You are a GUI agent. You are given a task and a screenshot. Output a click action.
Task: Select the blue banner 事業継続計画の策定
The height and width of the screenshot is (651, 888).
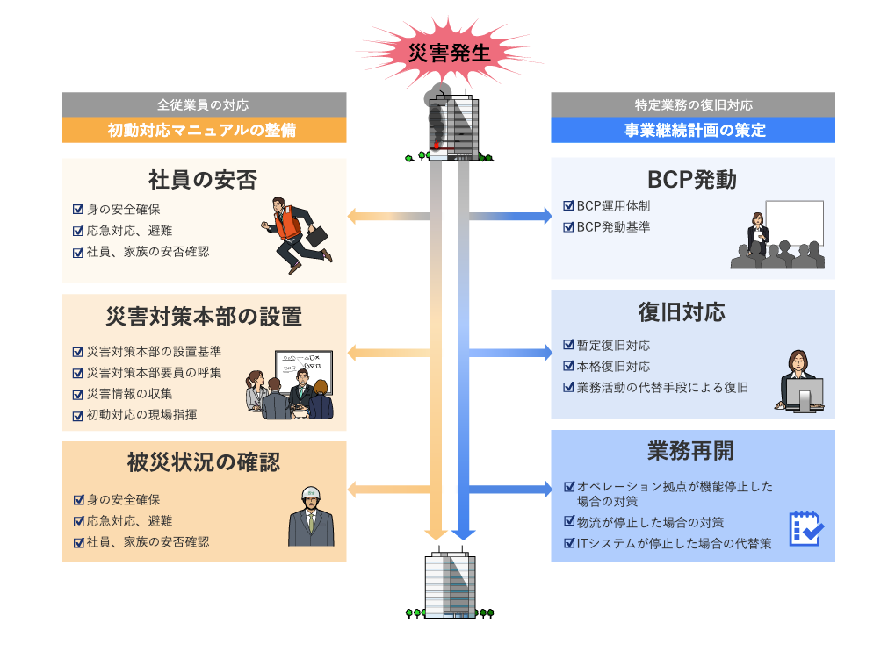pos(692,130)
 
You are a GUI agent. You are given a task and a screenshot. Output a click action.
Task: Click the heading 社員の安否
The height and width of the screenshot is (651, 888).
pos(203,180)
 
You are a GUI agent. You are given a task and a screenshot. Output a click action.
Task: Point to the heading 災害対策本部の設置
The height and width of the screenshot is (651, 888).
pos(203,316)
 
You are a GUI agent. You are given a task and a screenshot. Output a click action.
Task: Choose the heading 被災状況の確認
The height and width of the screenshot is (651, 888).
pos(203,462)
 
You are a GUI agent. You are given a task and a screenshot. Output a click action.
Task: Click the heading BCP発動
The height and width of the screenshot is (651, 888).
pos(692,180)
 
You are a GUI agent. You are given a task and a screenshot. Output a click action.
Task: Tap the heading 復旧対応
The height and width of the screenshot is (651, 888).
pos(692,312)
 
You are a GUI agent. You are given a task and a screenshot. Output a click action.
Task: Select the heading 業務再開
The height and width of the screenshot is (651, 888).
pos(692,451)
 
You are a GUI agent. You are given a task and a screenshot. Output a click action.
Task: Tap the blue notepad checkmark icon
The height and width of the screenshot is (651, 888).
pos(805,528)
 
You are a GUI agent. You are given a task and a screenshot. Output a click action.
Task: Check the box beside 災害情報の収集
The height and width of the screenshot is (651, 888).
pos(78,393)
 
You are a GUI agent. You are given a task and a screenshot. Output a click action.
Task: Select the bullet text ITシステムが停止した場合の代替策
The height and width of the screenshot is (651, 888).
pos(674,543)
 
